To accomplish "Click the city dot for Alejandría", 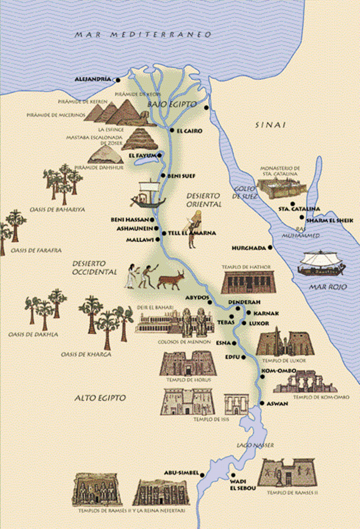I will pos(117,80).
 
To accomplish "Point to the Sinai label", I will pos(270,125).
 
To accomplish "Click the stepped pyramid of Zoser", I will pos(139,139).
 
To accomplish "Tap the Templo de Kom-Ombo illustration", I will pos(305,382).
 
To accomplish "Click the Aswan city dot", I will pos(262,403).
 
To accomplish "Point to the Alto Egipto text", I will pos(100,398).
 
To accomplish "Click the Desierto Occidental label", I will pos(95,267).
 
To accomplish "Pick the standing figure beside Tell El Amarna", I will pos(194,231).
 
